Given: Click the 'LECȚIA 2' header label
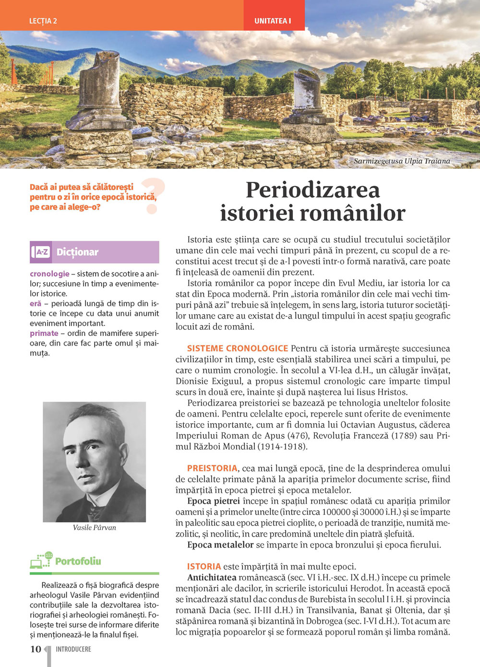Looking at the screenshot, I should (x=43, y=21).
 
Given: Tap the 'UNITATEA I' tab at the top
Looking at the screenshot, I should (x=273, y=21).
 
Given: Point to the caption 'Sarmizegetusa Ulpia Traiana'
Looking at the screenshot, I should (x=402, y=161).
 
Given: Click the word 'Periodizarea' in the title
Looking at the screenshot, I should (x=312, y=190).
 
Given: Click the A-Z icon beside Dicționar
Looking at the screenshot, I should (x=41, y=252).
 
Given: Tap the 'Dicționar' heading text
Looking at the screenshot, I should (x=77, y=252).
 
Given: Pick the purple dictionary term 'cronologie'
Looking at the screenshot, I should (x=49, y=274).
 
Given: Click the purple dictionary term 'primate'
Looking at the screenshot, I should (x=44, y=333).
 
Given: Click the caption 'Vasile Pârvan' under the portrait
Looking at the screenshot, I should (x=94, y=527).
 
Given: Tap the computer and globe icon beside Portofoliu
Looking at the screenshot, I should (x=41, y=560).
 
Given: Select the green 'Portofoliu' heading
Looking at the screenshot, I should (x=78, y=561).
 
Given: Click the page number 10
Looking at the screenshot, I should (x=36, y=649).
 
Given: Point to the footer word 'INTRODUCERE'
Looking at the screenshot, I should (x=73, y=649).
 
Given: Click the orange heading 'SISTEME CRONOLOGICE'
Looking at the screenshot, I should (x=238, y=348).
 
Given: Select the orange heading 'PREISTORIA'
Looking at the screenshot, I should (x=212, y=468).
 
